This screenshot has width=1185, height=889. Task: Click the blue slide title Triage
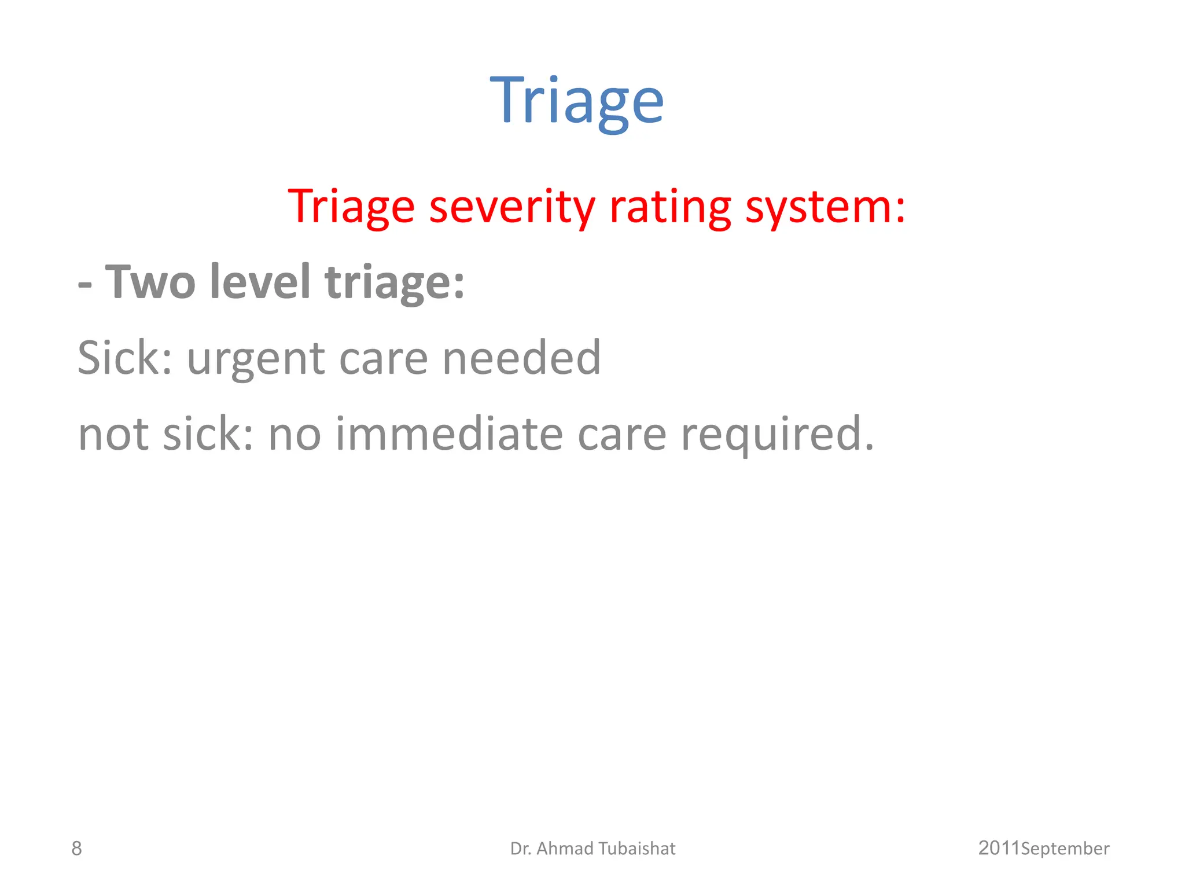[577, 101]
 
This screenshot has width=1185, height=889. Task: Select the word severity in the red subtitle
[512, 207]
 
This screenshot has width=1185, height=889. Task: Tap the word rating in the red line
[670, 207]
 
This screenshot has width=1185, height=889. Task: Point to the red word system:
[825, 207]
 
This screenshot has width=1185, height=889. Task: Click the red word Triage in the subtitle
[351, 207]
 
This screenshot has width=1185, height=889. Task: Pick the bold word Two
[150, 282]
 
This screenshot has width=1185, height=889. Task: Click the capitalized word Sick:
[125, 358]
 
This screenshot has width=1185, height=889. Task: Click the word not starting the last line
[113, 435]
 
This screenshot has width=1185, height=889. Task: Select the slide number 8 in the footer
[76, 848]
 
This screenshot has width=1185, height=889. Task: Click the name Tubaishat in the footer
[636, 848]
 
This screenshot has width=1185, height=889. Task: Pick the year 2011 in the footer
[999, 848]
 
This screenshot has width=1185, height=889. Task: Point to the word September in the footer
[1065, 849]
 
